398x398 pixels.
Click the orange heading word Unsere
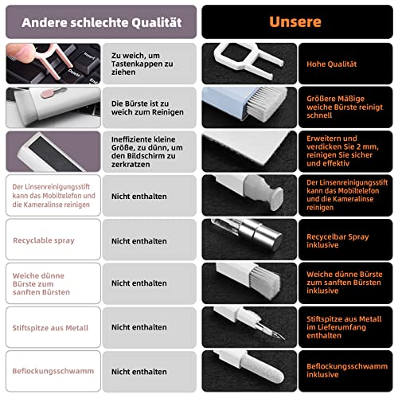click(x=295, y=21)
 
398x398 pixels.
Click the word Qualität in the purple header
click(x=157, y=23)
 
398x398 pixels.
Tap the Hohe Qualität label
click(x=331, y=64)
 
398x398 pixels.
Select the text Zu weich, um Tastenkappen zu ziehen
click(x=142, y=64)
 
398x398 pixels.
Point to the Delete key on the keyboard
click(x=74, y=72)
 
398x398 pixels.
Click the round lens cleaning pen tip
click(x=278, y=198)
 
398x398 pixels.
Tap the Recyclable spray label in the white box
click(x=44, y=240)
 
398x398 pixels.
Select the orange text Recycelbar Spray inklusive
click(x=338, y=240)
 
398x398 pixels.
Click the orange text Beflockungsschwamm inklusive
click(x=347, y=370)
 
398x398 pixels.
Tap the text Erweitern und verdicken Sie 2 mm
click(x=342, y=142)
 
